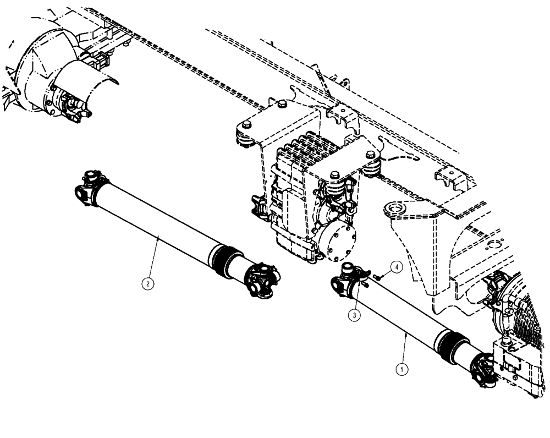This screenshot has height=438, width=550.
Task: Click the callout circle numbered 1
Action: pyautogui.click(x=403, y=369)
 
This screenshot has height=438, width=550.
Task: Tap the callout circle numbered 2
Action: pyautogui.click(x=147, y=283)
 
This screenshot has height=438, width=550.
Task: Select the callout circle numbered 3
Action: pyautogui.click(x=355, y=315)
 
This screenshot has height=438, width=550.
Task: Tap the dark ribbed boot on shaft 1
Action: pyautogui.click(x=452, y=345)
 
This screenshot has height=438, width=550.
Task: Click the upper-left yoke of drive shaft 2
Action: pyautogui.click(x=88, y=187)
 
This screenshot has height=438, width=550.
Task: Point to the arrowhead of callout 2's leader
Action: pyautogui.click(x=159, y=236)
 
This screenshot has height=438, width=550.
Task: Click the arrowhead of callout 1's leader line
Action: pyautogui.click(x=405, y=331)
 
